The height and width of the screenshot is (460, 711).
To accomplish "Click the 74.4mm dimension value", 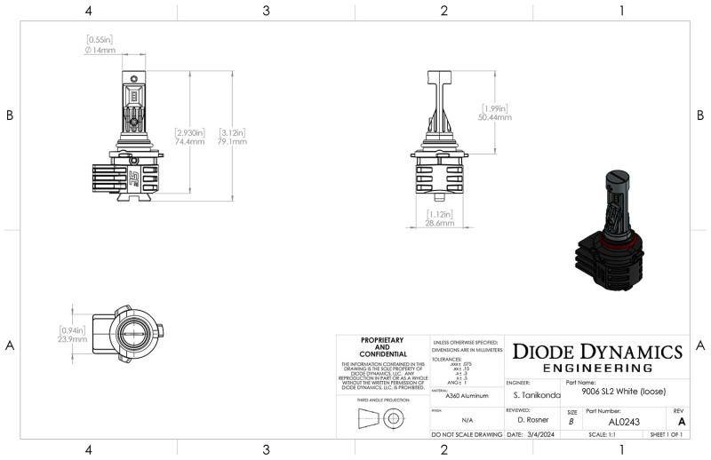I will click(190, 141).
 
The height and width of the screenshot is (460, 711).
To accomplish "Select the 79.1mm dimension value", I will click(232, 141).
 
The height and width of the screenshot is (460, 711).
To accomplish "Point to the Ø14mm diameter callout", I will click(100, 51).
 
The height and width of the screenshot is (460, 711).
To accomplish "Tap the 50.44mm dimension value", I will click(496, 117).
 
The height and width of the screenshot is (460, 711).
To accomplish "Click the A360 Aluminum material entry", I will click(467, 397).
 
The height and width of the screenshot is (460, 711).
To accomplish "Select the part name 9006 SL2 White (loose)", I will click(623, 392).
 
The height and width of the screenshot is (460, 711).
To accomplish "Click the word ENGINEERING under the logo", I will click(596, 368).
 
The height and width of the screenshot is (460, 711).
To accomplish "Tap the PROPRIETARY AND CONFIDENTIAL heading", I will click(382, 346).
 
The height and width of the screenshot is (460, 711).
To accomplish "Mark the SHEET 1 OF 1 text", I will click(666, 435).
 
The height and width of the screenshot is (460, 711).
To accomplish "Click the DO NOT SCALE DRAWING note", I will click(467, 435).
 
